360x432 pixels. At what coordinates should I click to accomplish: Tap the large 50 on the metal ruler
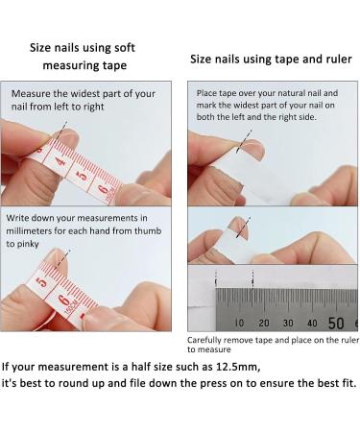tap(336, 323)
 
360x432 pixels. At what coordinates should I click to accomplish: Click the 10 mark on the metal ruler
tap(239, 324)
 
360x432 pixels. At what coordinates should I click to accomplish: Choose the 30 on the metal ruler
tap(285, 324)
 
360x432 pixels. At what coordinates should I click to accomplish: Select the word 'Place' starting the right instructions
tap(208, 92)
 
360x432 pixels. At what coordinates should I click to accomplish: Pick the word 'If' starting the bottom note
tap(8, 367)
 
